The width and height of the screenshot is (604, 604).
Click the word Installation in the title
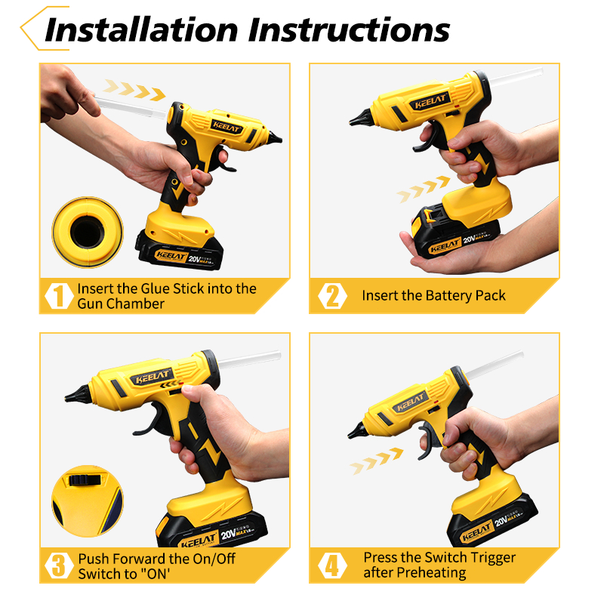click(x=141, y=29)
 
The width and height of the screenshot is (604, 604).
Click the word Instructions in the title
click(x=349, y=29)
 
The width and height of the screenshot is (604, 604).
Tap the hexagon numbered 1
click(x=59, y=296)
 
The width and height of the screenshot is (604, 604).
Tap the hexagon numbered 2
click(x=332, y=296)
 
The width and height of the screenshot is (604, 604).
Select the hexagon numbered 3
click(x=59, y=565)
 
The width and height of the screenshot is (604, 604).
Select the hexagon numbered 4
click(x=332, y=565)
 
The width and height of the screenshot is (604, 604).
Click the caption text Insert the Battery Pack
click(x=433, y=295)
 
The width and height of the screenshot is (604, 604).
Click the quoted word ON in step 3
click(x=155, y=574)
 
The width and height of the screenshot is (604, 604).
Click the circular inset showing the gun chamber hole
click(x=88, y=232)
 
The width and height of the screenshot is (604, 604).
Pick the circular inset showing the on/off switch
click(x=88, y=501)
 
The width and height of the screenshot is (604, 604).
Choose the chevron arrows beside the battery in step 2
click(x=423, y=190)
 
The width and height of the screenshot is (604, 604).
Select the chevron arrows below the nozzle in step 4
click(x=376, y=461)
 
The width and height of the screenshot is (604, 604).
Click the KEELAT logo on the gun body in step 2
click(x=430, y=101)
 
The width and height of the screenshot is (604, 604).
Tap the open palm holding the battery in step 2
click(x=443, y=256)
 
